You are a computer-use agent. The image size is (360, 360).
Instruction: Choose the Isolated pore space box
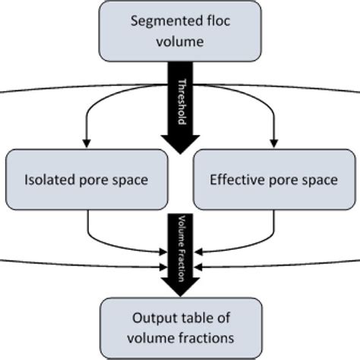(87, 179)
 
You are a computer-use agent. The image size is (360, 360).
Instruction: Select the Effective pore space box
(273, 179)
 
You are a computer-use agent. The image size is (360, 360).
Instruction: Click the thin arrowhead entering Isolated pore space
(87, 144)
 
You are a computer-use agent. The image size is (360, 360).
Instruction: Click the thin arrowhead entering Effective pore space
(273, 144)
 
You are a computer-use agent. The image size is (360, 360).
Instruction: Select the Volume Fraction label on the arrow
(180, 247)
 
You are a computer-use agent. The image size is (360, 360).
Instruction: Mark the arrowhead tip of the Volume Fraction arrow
(180, 292)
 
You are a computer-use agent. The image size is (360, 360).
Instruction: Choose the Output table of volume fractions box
(180, 327)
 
